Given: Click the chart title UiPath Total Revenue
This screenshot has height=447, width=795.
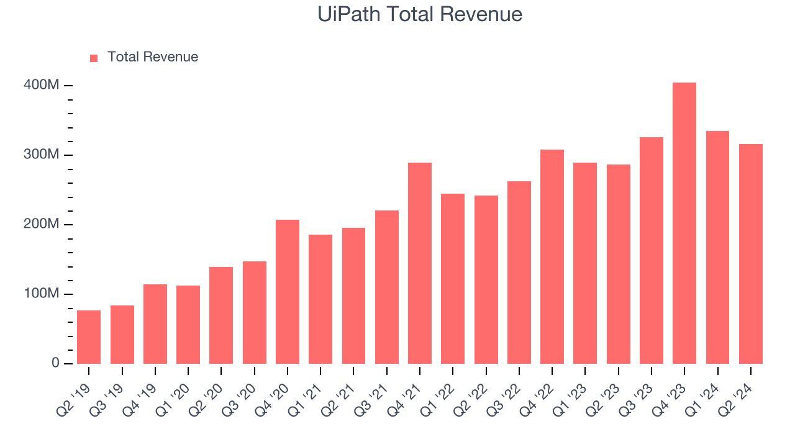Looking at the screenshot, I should [x=420, y=14].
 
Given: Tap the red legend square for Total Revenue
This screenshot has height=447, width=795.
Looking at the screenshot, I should [x=94, y=58].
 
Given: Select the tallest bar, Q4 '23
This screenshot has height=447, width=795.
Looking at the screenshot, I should [x=684, y=223].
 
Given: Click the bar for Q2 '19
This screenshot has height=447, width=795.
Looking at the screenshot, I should [x=89, y=336].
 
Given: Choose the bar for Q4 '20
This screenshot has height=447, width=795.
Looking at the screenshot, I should [x=288, y=291].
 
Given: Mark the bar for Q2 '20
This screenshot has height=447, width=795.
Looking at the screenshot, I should [x=221, y=315].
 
